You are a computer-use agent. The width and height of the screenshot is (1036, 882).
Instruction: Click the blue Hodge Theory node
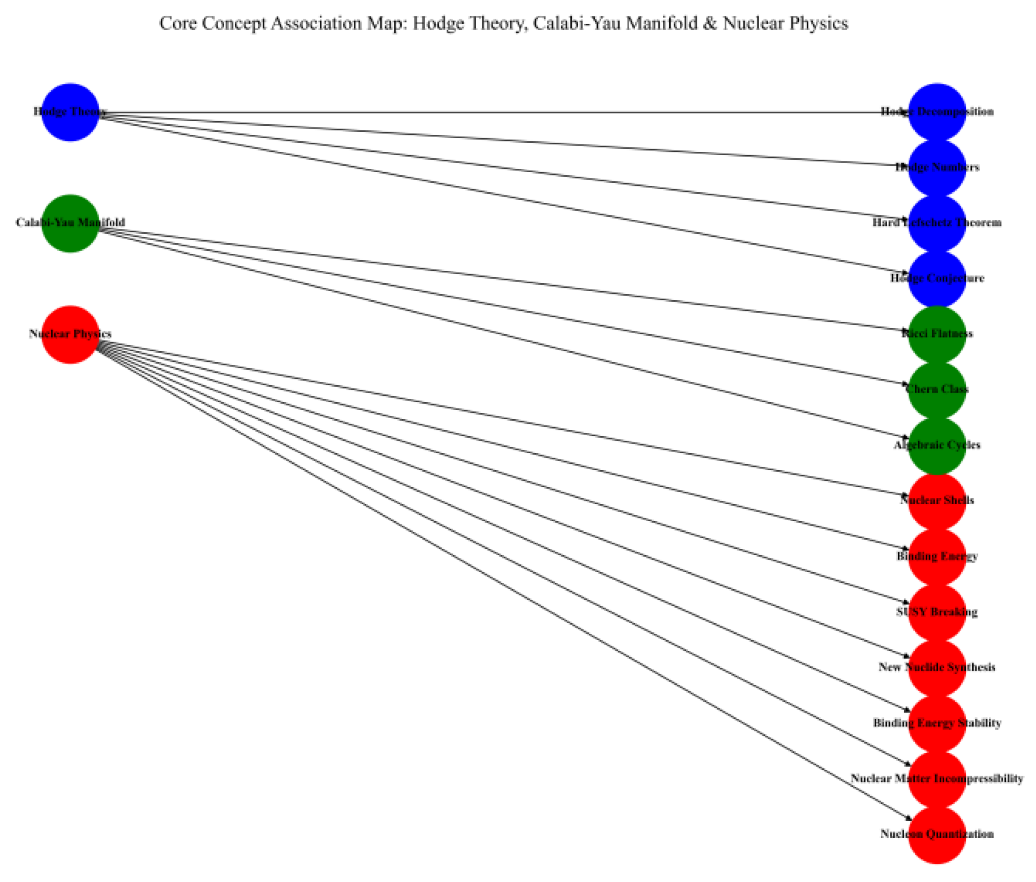coord(70,112)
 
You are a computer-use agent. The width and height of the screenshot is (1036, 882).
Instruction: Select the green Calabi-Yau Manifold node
coord(70,223)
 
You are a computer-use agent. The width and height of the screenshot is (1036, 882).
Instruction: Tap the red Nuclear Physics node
coord(70,334)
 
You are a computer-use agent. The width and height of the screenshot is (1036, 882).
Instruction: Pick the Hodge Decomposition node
coord(936,112)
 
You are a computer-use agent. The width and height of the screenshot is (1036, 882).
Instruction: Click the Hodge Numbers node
coord(936,167)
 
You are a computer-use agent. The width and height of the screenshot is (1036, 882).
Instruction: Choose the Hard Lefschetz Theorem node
coord(936,223)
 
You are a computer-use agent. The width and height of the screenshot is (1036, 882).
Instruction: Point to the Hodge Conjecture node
coord(936,278)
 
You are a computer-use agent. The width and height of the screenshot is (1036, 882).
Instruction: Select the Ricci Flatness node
coord(936,334)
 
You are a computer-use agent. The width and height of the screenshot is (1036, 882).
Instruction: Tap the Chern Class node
coord(936,389)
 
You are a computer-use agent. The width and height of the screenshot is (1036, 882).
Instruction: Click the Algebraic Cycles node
coord(936,445)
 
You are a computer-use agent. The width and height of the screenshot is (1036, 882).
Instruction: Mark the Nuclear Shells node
coord(936,500)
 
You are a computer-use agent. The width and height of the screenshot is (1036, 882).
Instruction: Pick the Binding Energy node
coord(936,556)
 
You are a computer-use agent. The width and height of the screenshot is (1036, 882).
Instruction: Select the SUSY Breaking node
coord(936,612)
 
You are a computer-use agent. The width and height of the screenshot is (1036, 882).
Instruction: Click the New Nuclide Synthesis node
coord(936,667)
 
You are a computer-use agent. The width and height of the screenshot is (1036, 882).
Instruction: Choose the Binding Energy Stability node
coord(936,723)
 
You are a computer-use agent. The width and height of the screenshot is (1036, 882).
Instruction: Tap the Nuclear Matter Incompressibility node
coord(936,778)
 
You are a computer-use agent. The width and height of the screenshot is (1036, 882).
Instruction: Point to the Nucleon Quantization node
coord(936,834)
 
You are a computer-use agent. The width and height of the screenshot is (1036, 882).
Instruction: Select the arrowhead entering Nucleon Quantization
coord(908,819)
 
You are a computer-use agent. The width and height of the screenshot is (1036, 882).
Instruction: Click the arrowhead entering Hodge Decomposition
coord(905,112)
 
